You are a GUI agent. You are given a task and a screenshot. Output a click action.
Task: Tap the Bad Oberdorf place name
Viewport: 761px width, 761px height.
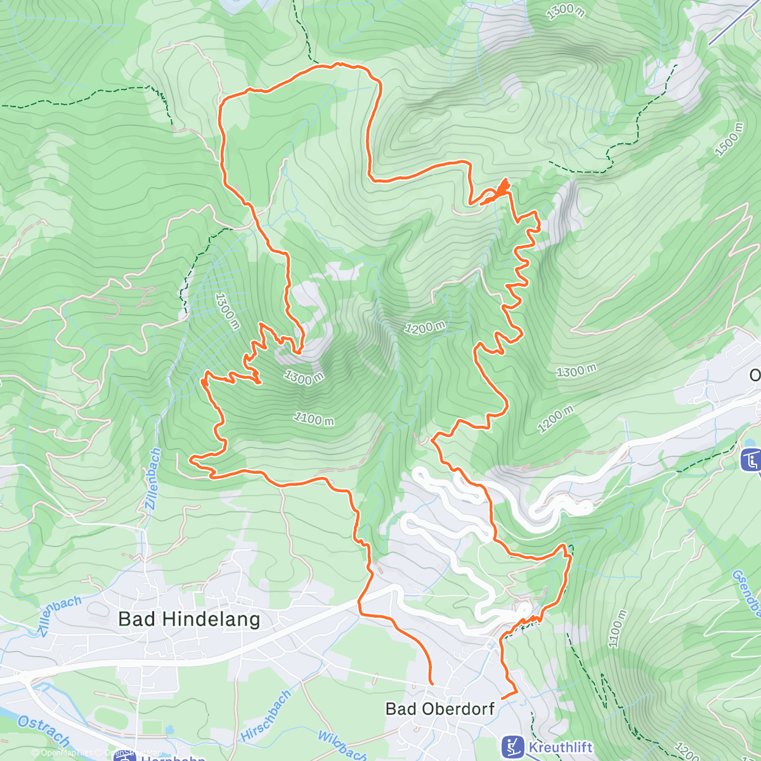click(x=440, y=708)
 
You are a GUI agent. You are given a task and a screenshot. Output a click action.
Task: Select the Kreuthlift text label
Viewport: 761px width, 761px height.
click(x=560, y=748)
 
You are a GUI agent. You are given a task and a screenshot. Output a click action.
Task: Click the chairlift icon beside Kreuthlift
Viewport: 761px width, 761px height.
click(x=512, y=746)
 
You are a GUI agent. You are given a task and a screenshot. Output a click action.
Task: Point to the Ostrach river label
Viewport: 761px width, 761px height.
click(x=44, y=731)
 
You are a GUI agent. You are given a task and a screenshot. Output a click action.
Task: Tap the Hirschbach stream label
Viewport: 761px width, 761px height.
click(x=266, y=716)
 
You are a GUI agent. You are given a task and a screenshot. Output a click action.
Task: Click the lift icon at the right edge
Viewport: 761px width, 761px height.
click(x=751, y=460)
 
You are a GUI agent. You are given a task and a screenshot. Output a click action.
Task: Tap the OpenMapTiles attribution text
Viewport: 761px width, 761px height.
click(x=63, y=753)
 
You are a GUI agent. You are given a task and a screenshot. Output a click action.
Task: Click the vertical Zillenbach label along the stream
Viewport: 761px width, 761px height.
click(x=153, y=479)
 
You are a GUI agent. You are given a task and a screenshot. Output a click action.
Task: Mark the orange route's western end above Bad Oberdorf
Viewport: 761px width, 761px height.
click(x=431, y=684)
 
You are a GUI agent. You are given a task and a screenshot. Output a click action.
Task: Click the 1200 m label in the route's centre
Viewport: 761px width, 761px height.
click(x=426, y=327)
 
